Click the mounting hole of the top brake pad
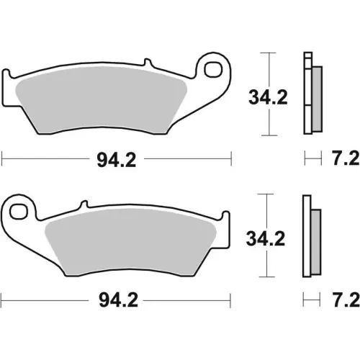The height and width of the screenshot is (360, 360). pyautogui.click(x=214, y=70)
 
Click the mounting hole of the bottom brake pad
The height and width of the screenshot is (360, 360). pyautogui.click(x=19, y=210)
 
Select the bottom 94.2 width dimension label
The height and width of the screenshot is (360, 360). pyautogui.click(x=116, y=300)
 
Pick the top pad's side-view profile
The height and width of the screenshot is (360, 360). pyautogui.click(x=310, y=94)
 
